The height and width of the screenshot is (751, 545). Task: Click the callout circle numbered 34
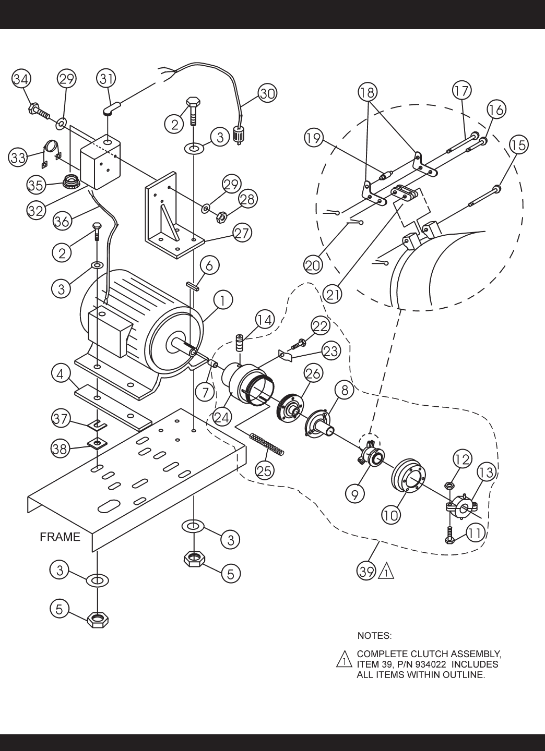pyautogui.click(x=21, y=79)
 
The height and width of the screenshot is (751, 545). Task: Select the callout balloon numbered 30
pyautogui.click(x=267, y=93)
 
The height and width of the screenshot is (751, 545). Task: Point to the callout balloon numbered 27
pyautogui.click(x=242, y=233)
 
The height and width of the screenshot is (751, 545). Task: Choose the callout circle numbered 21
pyautogui.click(x=332, y=294)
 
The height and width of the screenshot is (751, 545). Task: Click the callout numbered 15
pyautogui.click(x=518, y=145)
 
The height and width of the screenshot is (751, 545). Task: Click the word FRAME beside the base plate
pyautogui.click(x=60, y=537)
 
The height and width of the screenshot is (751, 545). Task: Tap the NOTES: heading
pyautogui.click(x=374, y=636)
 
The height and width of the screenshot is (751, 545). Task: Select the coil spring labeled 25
pyautogui.click(x=267, y=444)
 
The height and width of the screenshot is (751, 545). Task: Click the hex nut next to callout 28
pyautogui.click(x=220, y=218)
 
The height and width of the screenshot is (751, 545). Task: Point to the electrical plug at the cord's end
pyautogui.click(x=239, y=136)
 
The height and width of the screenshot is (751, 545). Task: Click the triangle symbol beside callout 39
pyautogui.click(x=386, y=572)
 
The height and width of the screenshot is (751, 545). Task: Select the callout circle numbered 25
pyautogui.click(x=265, y=471)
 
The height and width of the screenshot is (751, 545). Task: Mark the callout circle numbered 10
pyautogui.click(x=392, y=515)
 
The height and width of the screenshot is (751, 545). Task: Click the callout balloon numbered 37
pyautogui.click(x=61, y=419)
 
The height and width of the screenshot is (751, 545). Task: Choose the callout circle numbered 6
pyautogui.click(x=209, y=265)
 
